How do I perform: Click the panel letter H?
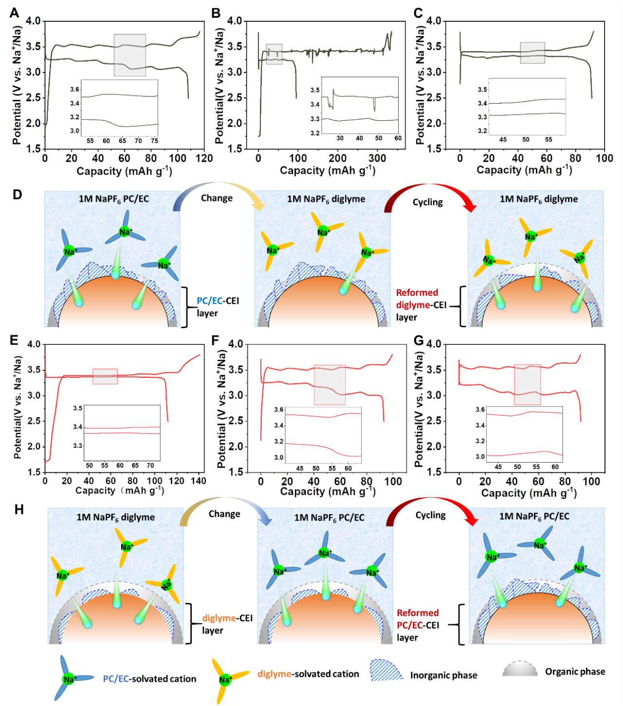coord(19,510)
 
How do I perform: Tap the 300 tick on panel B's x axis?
coord(377,158)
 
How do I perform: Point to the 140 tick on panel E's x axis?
coord(198,481)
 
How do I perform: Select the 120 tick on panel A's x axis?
coord(204,158)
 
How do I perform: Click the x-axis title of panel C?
coord(524,170)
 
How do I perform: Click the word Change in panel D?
coord(217,198)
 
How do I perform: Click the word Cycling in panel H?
coord(430,515)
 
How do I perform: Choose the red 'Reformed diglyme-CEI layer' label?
coord(417,305)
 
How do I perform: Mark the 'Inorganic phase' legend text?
coord(443,675)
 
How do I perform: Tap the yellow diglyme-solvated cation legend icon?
coord(225,680)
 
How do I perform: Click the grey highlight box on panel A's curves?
coord(129,55)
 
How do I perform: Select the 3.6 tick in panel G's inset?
coord(480,410)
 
